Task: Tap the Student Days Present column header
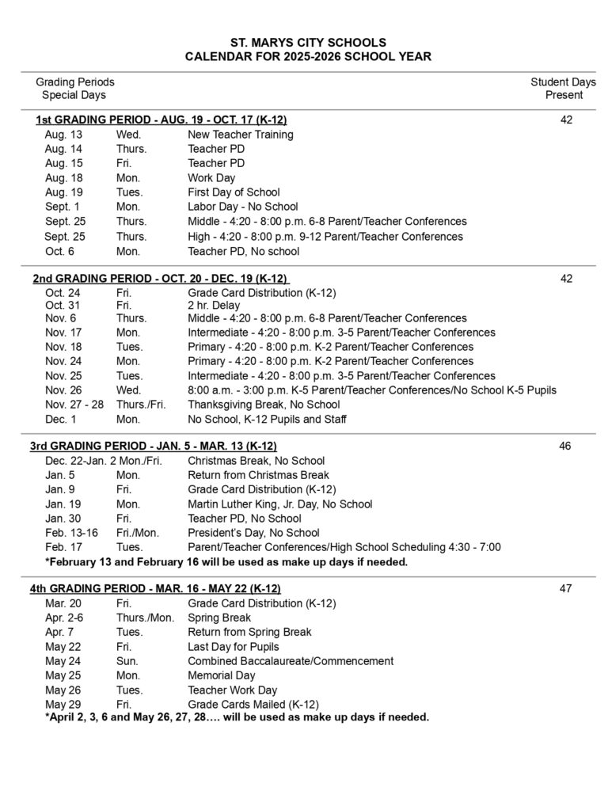pyautogui.click(x=563, y=89)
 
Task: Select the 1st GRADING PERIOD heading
pyautogui.click(x=161, y=120)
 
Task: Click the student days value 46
pyautogui.click(x=564, y=447)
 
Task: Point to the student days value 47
pyautogui.click(x=564, y=588)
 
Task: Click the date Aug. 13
pyautogui.click(x=63, y=135)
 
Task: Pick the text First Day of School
pyautogui.click(x=234, y=192)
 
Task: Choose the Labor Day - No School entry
pyautogui.click(x=242, y=207)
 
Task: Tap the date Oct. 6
pyautogui.click(x=60, y=252)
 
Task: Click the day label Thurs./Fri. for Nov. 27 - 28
pyautogui.click(x=141, y=405)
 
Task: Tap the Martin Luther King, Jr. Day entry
pyautogui.click(x=279, y=504)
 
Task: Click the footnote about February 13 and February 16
pyautogui.click(x=226, y=562)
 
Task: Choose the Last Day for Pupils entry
pyautogui.click(x=234, y=647)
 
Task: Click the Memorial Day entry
pyautogui.click(x=222, y=675)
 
